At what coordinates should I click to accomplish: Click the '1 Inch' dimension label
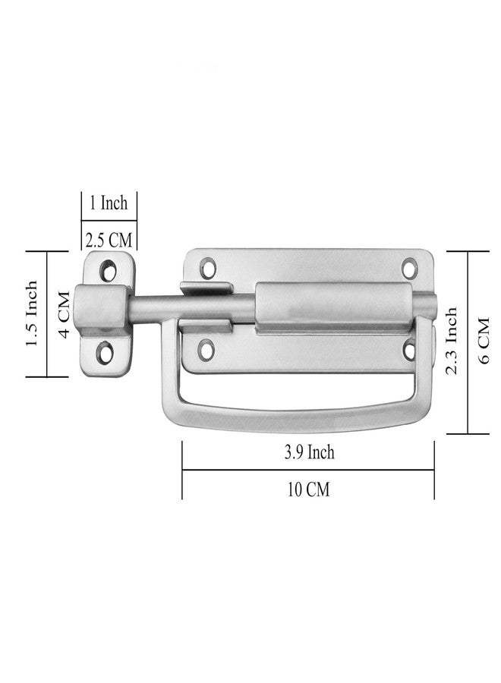click(109, 203)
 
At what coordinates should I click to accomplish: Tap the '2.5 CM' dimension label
click(109, 240)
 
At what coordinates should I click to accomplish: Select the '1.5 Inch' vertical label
click(32, 313)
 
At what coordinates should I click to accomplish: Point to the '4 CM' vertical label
click(64, 313)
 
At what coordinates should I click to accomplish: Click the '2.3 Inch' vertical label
click(452, 341)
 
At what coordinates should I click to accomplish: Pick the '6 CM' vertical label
click(484, 341)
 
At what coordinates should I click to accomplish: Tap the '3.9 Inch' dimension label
click(309, 452)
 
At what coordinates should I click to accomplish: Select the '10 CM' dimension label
click(308, 489)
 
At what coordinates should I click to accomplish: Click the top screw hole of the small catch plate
click(108, 269)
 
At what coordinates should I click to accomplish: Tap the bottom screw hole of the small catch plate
click(105, 352)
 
